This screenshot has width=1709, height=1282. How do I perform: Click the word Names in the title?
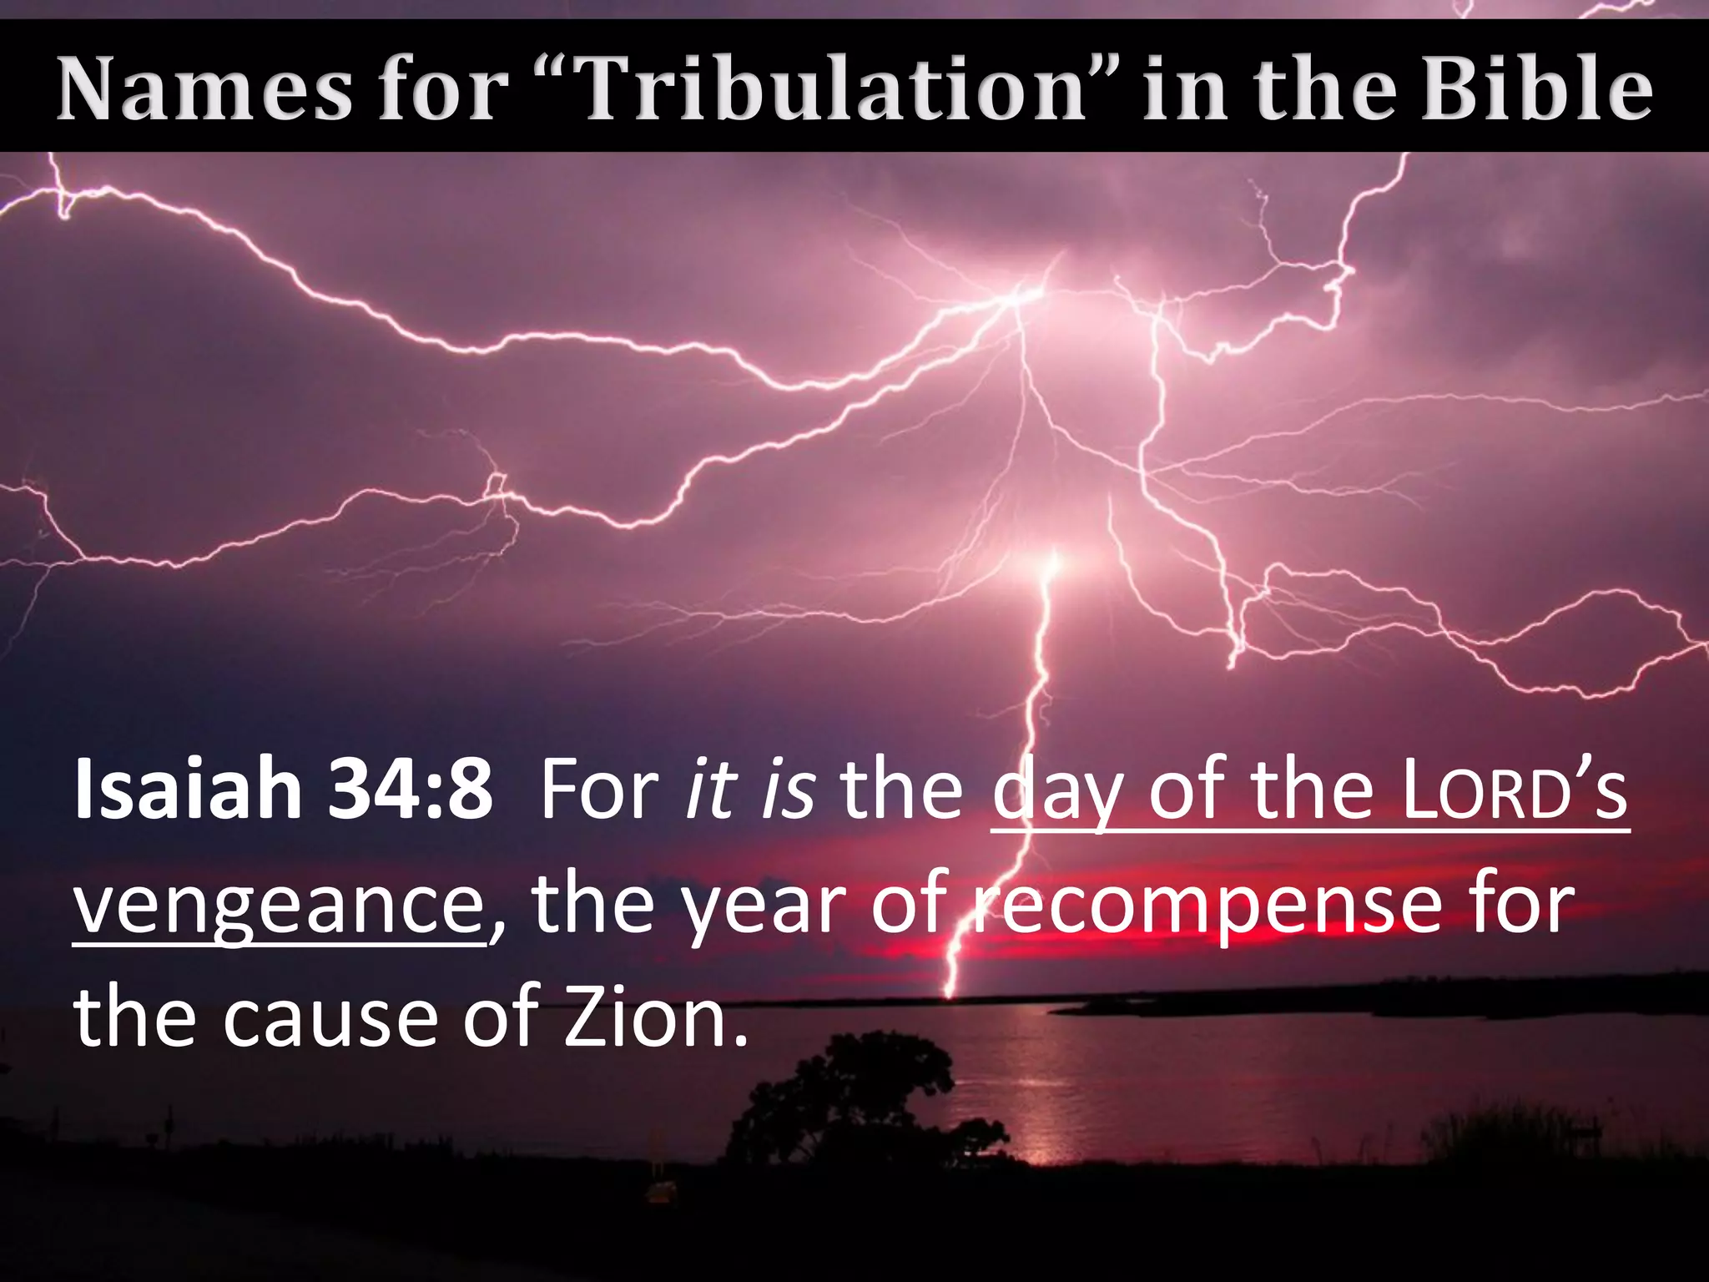[204, 88]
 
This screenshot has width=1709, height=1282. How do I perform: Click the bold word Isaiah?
[188, 789]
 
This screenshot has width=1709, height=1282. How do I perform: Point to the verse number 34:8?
[410, 789]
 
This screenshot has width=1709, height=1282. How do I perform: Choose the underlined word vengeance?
[280, 906]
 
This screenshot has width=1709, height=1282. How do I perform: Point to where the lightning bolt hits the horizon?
[949, 995]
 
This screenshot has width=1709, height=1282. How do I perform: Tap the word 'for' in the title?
[442, 88]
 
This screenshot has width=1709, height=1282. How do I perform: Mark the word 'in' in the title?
[1185, 88]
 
